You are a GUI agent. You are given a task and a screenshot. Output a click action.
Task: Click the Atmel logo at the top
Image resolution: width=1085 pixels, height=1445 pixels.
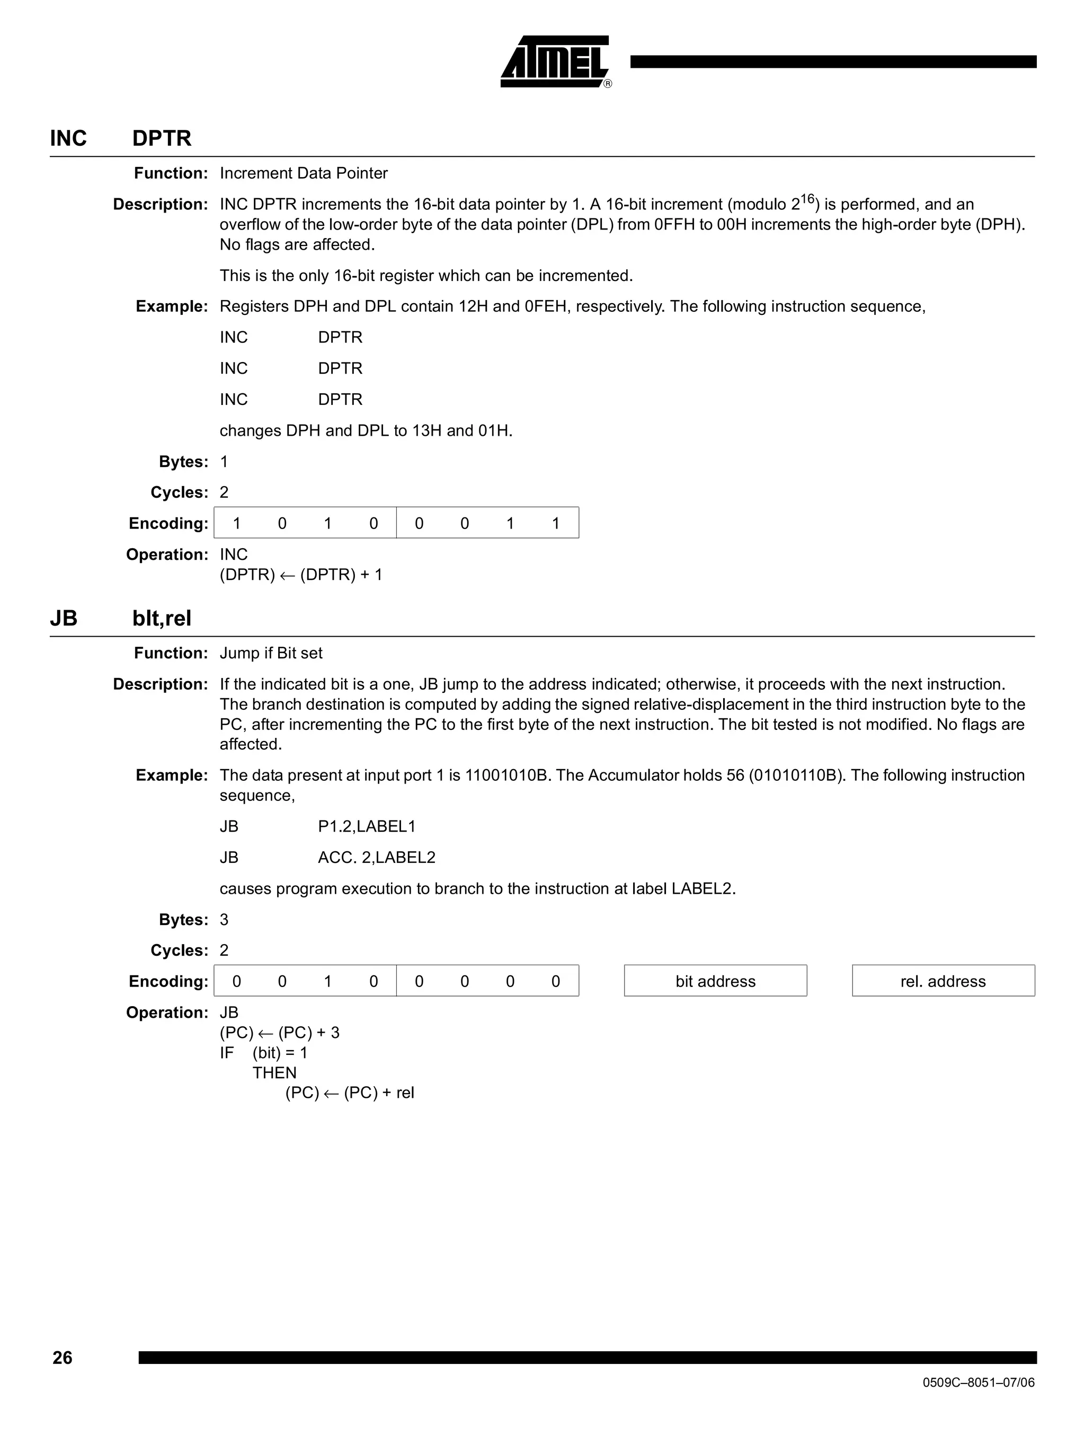point(555,62)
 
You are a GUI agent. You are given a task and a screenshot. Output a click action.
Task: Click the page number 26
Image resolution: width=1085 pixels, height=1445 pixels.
point(62,1358)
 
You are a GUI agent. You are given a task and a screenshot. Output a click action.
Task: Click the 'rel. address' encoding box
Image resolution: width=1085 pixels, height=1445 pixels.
point(942,981)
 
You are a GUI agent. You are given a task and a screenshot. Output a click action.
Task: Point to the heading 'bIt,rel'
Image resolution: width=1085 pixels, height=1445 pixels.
point(161,618)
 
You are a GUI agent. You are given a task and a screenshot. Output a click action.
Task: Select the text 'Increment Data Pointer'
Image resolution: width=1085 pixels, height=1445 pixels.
point(304,173)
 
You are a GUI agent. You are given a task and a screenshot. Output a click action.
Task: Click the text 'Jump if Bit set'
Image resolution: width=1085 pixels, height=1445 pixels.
point(271,653)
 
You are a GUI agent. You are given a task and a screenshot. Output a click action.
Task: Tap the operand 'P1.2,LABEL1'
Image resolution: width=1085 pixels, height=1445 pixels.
point(366,826)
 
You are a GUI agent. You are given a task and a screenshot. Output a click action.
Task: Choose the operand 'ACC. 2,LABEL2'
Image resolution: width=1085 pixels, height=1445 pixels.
point(376,857)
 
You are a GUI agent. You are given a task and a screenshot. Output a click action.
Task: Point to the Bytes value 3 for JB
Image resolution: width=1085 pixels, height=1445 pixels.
point(224,920)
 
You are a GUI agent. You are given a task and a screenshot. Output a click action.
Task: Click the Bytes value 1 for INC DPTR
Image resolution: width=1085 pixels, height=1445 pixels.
point(224,462)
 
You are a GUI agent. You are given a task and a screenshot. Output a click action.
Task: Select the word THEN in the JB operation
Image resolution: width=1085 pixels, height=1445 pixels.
point(274,1073)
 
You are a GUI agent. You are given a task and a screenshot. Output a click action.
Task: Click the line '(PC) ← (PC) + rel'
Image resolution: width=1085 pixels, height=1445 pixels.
point(349,1093)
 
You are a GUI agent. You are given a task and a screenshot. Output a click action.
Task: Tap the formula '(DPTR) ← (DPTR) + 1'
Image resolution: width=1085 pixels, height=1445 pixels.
point(301,575)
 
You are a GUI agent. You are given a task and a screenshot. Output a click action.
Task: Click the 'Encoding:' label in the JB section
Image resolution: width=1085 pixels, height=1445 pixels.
point(168,981)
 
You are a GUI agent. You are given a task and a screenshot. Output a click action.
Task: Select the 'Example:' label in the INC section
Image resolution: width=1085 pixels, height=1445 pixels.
point(172,306)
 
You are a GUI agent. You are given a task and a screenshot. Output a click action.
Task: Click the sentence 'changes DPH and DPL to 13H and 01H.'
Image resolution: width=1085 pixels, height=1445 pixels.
point(366,430)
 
